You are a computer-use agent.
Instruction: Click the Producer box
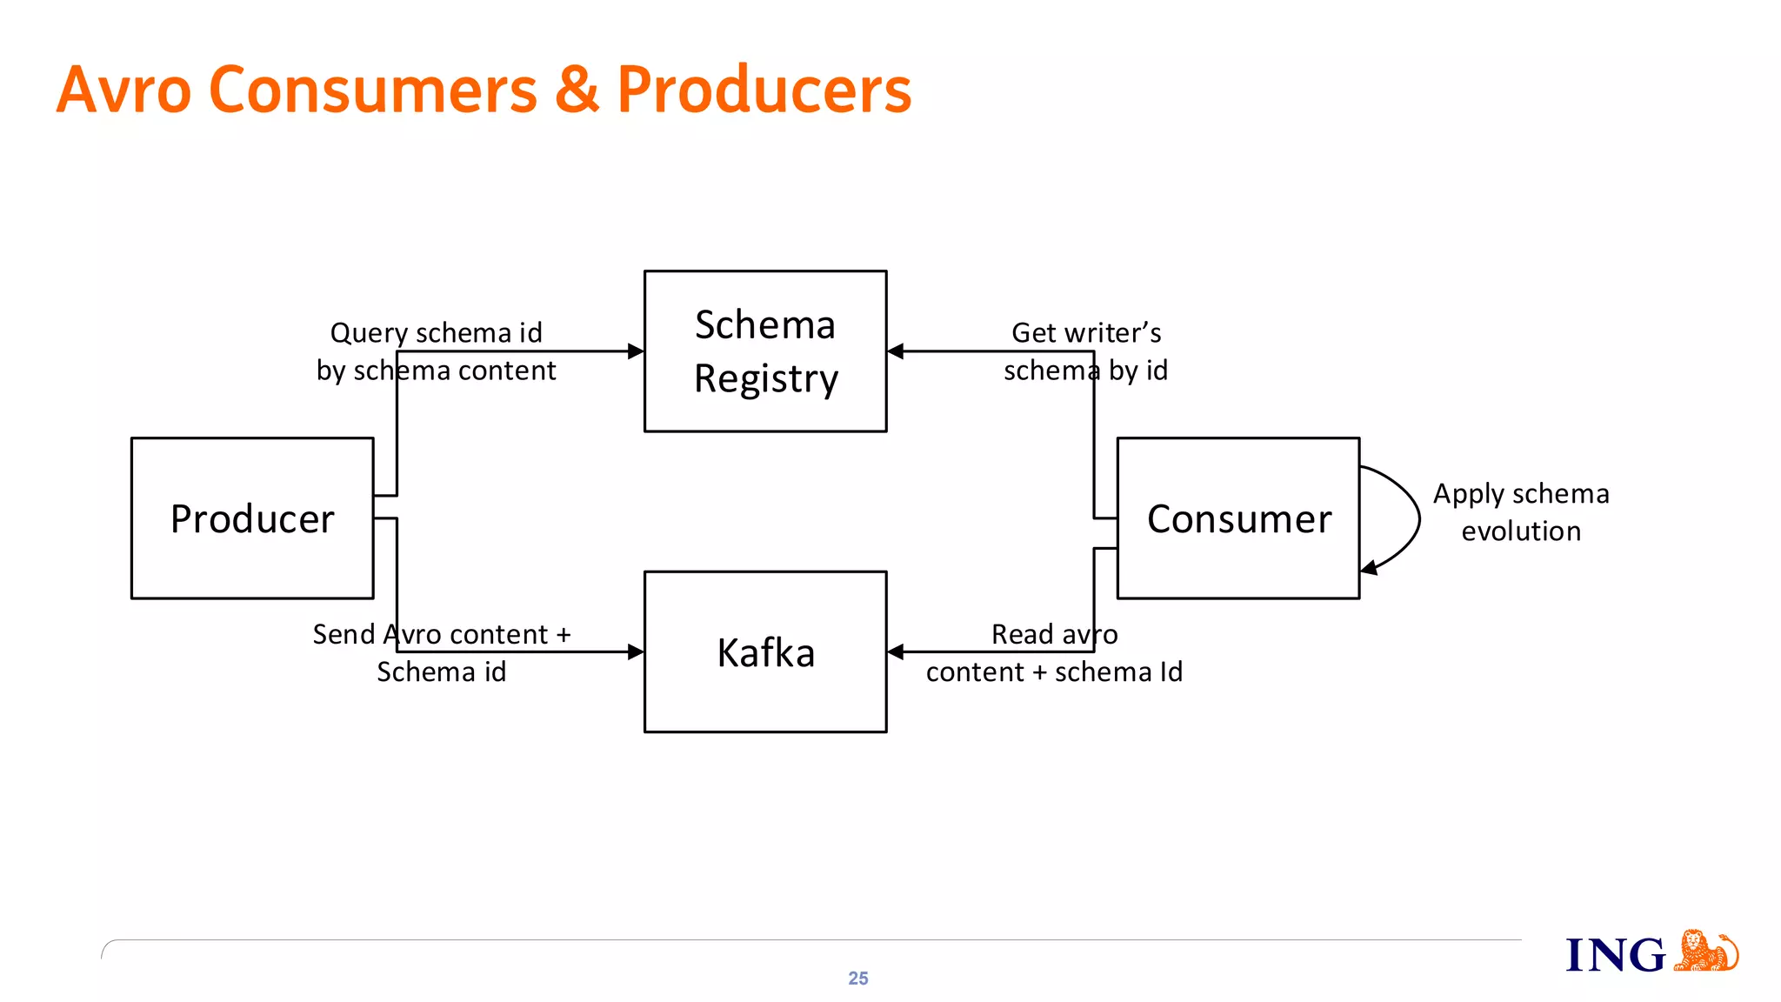click(x=252, y=518)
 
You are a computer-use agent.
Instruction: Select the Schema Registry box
click(x=765, y=351)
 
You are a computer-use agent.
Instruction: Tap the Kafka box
click(x=765, y=652)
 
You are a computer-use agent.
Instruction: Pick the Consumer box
click(x=1238, y=518)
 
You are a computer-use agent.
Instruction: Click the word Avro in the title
click(x=123, y=90)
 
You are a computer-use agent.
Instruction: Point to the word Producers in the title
click(x=764, y=90)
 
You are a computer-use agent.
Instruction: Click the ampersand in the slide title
click(x=577, y=90)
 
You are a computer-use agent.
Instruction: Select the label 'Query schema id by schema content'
click(x=436, y=351)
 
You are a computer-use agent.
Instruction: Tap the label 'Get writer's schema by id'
click(x=1085, y=351)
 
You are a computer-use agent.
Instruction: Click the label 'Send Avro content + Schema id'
click(x=442, y=652)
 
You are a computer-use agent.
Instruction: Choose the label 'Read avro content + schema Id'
click(x=1054, y=652)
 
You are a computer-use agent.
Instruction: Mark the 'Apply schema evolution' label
click(x=1521, y=512)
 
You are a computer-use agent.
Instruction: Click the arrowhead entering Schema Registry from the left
click(x=636, y=351)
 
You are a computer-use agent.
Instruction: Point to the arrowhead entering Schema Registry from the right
click(x=896, y=351)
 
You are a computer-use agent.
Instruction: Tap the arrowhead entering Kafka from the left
click(x=636, y=652)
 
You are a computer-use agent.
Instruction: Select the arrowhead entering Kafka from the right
click(x=896, y=652)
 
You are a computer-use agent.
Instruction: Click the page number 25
click(x=858, y=979)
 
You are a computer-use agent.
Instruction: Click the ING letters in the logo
click(x=1615, y=956)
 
